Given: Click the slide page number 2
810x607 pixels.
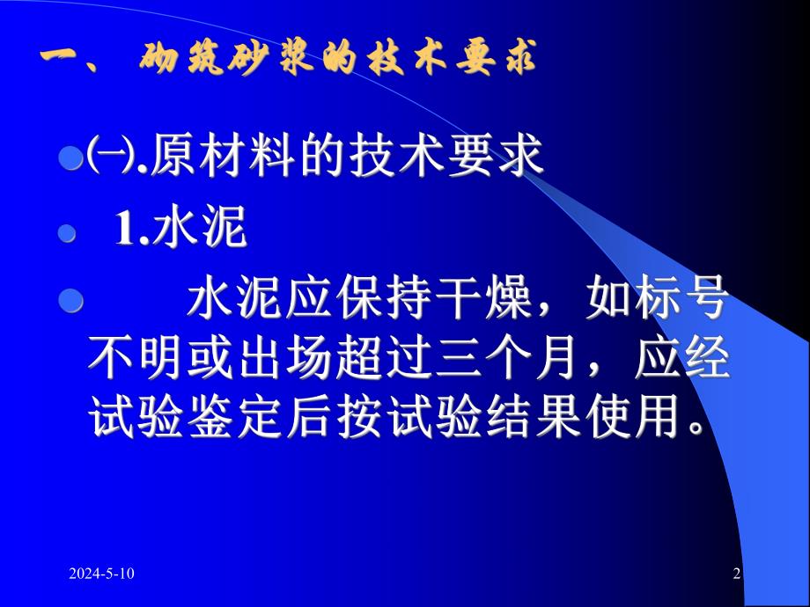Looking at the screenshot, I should coord(737,574).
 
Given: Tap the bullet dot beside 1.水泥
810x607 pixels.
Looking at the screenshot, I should coord(63,233).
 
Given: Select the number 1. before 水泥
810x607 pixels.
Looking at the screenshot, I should coord(133,231).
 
